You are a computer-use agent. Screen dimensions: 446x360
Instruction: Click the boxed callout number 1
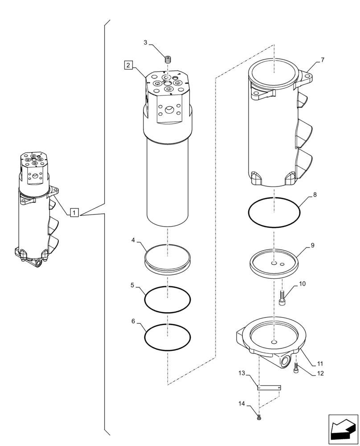(74, 212)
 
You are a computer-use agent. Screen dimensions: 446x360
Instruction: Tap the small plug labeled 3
(168, 59)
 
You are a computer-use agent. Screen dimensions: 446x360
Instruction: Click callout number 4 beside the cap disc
(133, 240)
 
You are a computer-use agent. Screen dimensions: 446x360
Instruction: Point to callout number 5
(133, 284)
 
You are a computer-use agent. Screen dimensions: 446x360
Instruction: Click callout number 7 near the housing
(323, 60)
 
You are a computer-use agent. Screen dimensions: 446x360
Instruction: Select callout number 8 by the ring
(315, 195)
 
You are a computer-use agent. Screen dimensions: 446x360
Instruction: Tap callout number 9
(313, 245)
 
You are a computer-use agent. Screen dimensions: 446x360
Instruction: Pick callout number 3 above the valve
(145, 42)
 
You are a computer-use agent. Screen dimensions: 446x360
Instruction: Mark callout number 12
(320, 373)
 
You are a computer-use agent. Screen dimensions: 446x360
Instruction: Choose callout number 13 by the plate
(241, 372)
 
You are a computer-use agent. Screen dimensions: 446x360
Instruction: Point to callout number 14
(241, 404)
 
